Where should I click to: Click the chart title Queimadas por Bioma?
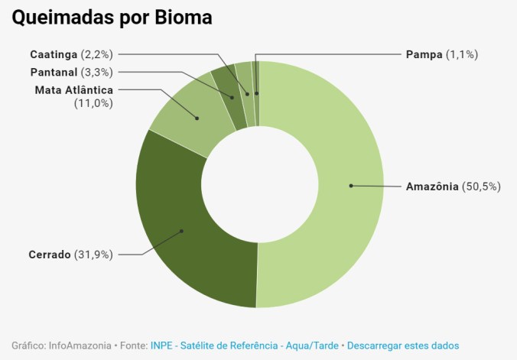click(112, 17)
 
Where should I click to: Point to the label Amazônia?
click(432, 186)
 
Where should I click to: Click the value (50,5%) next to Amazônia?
click(481, 186)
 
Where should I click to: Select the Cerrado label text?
click(50, 254)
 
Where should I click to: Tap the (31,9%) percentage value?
click(93, 254)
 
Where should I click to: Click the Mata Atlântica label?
click(73, 90)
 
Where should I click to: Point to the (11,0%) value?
click(94, 103)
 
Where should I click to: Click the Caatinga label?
click(54, 54)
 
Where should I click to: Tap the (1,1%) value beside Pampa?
click(463, 54)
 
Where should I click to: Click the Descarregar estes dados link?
click(403, 345)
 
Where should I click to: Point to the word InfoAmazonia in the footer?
click(79, 345)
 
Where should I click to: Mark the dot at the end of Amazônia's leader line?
click(350, 186)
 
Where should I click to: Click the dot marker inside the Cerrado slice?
click(182, 230)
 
